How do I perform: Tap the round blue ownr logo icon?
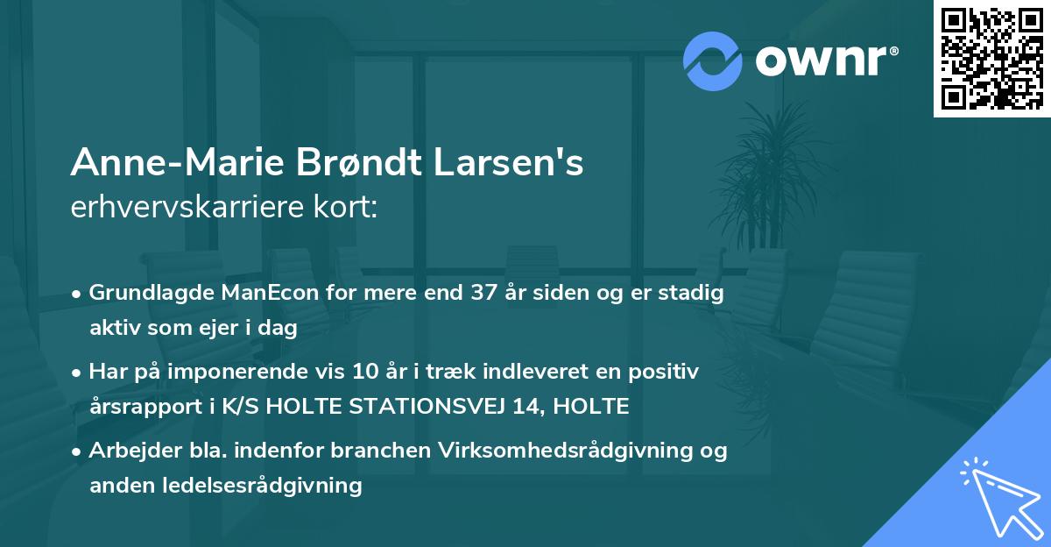713,61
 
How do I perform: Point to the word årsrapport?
142,406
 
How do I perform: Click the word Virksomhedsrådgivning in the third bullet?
556,451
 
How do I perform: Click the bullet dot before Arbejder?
77,451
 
